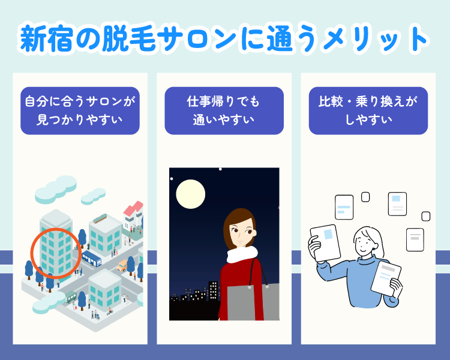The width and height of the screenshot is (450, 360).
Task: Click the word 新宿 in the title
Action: click(x=44, y=39)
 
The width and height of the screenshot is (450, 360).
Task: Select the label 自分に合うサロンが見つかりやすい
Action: click(x=80, y=110)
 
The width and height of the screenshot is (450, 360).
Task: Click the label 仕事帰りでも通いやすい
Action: click(x=224, y=110)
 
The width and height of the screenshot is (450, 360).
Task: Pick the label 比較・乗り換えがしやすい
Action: click(x=368, y=110)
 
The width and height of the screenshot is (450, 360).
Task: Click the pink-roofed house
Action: click(x=134, y=211)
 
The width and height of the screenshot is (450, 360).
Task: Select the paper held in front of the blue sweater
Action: click(x=385, y=277)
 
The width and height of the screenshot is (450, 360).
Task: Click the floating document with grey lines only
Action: click(x=415, y=239)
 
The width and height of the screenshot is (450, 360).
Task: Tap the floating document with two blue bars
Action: click(x=344, y=208)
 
